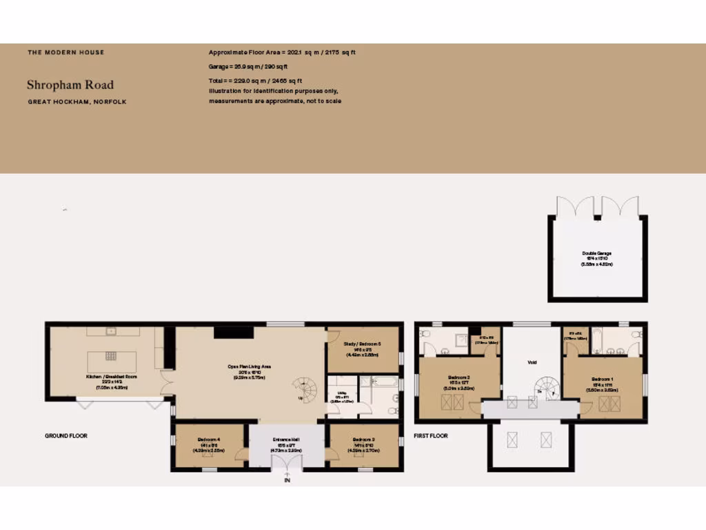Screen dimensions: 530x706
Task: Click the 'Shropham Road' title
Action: click(70, 85)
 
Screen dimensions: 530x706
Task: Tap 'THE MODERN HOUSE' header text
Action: click(66, 52)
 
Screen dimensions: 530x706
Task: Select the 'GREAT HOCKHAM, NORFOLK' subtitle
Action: click(77, 101)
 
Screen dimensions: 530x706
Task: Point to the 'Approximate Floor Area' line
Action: click(282, 52)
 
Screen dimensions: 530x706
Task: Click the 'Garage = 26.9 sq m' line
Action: click(248, 67)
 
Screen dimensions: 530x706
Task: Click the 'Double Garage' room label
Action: click(597, 253)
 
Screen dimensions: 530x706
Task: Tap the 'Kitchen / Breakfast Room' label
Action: click(112, 377)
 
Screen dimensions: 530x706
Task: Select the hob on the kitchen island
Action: click(112, 357)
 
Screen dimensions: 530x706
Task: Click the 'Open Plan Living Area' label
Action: click(250, 366)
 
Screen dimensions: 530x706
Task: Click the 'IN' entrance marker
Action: click(287, 480)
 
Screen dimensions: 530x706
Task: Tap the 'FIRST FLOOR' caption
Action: click(431, 436)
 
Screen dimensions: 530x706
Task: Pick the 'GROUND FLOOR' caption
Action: click(66, 436)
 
